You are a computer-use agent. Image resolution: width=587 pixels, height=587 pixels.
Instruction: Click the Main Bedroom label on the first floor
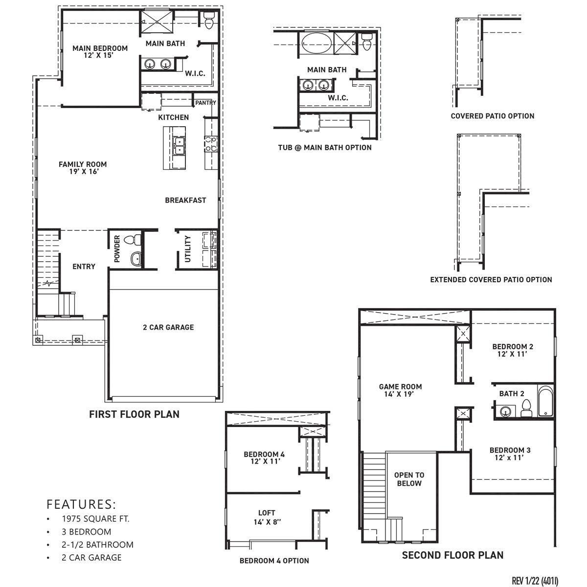click(x=100, y=52)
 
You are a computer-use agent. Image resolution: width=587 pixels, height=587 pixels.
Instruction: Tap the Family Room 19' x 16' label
click(x=83, y=168)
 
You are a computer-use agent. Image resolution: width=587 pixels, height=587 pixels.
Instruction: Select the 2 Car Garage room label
click(x=168, y=327)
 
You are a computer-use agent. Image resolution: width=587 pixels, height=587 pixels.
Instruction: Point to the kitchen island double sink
click(x=179, y=145)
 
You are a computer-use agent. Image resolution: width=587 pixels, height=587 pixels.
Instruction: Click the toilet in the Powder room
click(x=133, y=240)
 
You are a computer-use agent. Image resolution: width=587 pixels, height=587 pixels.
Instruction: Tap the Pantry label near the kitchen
click(x=205, y=103)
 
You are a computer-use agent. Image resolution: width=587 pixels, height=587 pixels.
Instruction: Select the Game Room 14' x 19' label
click(x=400, y=390)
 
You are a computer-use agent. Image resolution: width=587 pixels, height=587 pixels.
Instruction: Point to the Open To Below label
click(x=409, y=479)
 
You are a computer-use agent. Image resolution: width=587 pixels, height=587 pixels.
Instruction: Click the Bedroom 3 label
click(x=510, y=453)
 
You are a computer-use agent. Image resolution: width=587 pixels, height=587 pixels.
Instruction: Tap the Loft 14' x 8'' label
click(x=267, y=517)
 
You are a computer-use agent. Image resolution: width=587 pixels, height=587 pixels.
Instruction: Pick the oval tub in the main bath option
click(x=316, y=43)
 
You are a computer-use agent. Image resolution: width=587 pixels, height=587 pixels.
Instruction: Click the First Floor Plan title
click(x=134, y=414)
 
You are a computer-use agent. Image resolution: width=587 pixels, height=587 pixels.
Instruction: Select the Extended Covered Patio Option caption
click(x=491, y=280)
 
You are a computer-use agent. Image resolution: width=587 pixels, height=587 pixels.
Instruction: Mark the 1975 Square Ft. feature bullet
click(x=95, y=519)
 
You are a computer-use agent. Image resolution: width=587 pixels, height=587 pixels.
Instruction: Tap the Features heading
click(x=81, y=504)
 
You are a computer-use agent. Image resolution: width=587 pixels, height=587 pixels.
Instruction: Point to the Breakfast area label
click(x=185, y=200)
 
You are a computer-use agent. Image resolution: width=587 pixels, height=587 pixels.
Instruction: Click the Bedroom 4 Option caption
click(x=274, y=561)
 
